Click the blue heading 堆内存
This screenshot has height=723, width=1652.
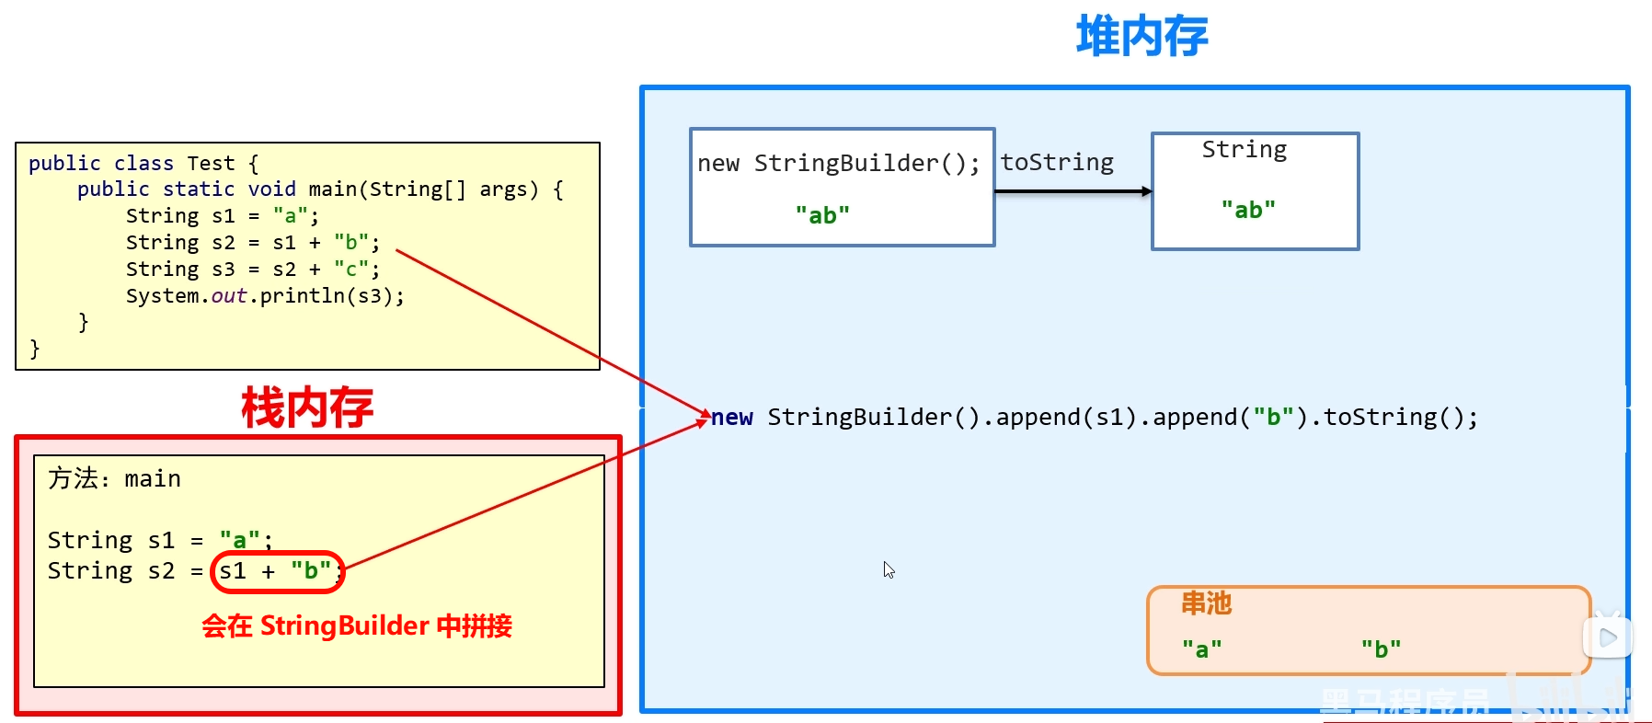pos(1141,37)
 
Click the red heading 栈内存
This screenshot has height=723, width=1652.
pos(307,407)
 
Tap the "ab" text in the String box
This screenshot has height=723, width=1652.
pos(1248,211)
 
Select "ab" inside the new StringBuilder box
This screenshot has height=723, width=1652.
pos(822,215)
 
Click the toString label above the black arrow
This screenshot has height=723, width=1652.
pos(1057,163)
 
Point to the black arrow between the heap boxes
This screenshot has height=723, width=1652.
pos(1073,191)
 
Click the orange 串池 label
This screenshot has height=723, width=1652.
pos(1206,603)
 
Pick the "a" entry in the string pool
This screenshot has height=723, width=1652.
pos(1201,649)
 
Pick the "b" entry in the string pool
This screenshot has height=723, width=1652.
pos(1381,648)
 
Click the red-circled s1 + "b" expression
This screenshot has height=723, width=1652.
pos(276,571)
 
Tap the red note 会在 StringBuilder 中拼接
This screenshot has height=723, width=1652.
pos(357,626)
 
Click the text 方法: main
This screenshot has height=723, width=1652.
pos(114,479)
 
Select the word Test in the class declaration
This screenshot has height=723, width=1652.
pos(211,164)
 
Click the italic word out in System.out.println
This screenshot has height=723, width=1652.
pos(229,296)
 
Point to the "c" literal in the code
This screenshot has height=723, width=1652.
pos(351,270)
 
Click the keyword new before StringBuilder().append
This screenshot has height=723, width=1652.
pos(732,418)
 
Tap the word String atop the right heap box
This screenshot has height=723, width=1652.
pos(1244,150)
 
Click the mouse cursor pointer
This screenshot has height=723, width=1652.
pos(888,568)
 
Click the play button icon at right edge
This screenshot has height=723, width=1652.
pos(1608,637)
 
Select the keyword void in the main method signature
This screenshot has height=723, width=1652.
pos(271,189)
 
